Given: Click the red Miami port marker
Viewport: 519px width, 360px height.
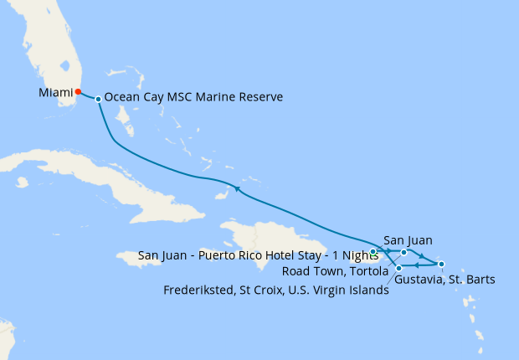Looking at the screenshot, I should (x=78, y=92).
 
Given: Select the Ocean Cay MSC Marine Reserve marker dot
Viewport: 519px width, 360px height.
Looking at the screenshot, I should (x=99, y=99).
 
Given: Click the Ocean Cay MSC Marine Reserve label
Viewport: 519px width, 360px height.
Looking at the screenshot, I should (x=193, y=97).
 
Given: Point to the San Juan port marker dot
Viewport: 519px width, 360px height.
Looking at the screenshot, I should (x=373, y=251).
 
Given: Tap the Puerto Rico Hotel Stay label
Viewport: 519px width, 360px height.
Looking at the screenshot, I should (x=252, y=255).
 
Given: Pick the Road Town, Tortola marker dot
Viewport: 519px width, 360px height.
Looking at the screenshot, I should (x=403, y=251).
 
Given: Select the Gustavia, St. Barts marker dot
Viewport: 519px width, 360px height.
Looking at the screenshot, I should (x=441, y=265).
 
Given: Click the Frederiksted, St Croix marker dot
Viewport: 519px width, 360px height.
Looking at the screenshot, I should (x=399, y=268).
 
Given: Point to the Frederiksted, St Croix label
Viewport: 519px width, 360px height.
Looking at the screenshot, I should (x=276, y=291).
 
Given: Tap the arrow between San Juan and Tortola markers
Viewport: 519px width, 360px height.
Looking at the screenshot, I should (x=389, y=250).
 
